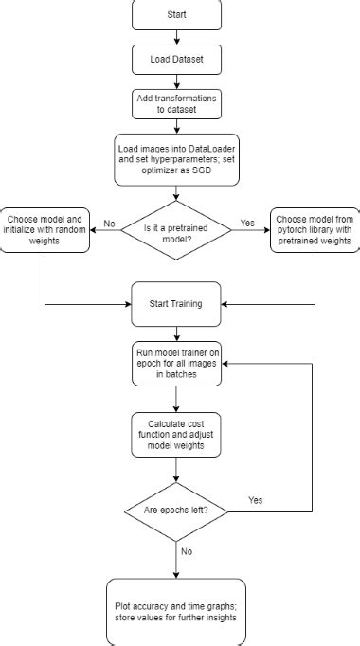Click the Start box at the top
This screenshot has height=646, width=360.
point(177,15)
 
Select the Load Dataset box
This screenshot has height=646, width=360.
point(177,59)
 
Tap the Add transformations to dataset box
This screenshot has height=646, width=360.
point(177,103)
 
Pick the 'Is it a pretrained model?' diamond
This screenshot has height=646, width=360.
point(177,229)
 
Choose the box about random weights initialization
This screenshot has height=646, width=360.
point(45,228)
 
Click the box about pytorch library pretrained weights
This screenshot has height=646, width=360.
point(313,228)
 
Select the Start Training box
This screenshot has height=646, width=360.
point(177,305)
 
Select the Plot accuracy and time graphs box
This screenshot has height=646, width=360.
point(177,612)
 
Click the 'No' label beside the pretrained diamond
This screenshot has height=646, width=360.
point(110,224)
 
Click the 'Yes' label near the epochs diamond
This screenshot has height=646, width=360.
point(256,498)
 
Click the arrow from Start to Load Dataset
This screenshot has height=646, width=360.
point(177,36)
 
